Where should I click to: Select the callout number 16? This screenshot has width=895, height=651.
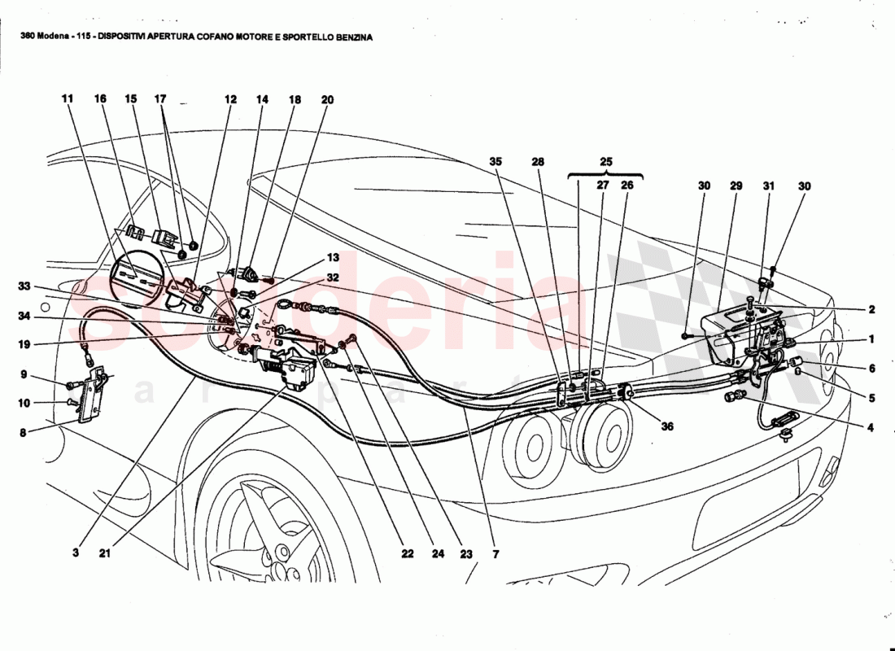tap(100, 100)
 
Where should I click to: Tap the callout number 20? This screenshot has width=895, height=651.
tap(327, 100)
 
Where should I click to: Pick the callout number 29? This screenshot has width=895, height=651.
tap(736, 186)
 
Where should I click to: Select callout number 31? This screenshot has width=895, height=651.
tap(768, 186)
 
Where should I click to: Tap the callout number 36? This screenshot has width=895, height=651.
tap(644, 425)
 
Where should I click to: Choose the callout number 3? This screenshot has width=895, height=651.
tap(75, 553)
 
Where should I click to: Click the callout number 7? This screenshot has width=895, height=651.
tap(496, 553)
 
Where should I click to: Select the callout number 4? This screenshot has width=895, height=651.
tap(871, 426)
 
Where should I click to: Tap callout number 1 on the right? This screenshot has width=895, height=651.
tap(871, 339)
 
